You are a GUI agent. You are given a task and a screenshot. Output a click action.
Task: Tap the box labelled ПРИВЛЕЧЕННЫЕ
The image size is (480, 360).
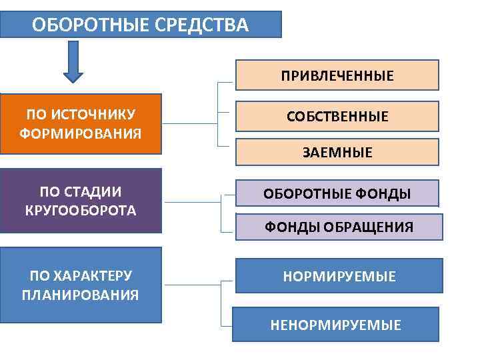[337, 75]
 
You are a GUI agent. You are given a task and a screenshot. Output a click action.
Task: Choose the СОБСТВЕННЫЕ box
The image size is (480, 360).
[337, 116]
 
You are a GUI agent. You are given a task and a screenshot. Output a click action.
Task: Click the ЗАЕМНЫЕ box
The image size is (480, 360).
[337, 153]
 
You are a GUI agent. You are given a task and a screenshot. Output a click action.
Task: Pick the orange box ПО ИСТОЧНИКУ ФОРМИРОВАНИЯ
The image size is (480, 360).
[81, 124]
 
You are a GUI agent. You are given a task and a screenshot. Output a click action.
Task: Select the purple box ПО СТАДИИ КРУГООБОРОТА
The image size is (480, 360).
[81, 201]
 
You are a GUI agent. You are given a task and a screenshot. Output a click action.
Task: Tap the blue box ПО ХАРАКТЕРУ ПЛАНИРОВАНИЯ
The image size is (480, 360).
[81, 285]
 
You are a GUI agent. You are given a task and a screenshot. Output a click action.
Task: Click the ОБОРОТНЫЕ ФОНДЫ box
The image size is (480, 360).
[337, 193]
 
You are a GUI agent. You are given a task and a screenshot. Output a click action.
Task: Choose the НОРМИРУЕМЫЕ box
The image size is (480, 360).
[339, 276]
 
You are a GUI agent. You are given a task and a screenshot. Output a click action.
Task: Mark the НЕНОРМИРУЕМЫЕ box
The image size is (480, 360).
[335, 325]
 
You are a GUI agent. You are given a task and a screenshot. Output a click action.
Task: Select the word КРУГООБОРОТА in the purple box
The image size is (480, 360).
[81, 211]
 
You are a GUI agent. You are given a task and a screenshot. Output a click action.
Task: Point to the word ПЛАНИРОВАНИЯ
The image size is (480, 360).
[81, 295]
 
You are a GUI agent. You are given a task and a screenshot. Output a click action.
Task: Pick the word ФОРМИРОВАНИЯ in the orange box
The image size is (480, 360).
[81, 133]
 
